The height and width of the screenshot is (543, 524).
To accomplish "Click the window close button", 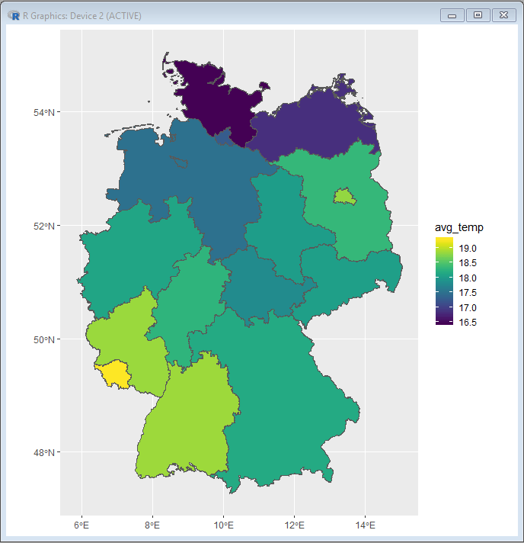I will pos(503,15).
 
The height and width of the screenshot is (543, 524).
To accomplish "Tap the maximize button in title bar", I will pos(478,15).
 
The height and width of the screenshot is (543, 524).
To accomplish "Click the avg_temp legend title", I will pos(458,227).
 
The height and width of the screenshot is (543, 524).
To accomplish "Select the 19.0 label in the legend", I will pos(468,249).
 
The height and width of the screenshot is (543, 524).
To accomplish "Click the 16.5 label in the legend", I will pos(468,322).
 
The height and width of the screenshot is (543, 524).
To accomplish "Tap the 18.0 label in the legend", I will pos(468,278).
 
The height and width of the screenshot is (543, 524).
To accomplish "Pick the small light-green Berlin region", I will pos(344,196).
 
